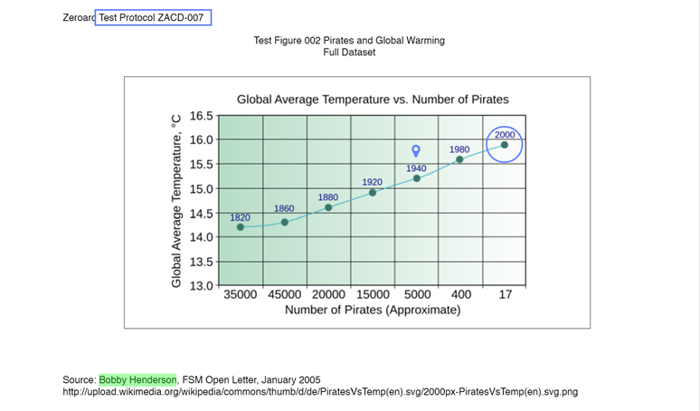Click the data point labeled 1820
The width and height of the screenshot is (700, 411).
click(x=241, y=227)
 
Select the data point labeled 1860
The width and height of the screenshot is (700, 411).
click(x=285, y=222)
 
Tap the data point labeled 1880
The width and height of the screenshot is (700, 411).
click(x=328, y=207)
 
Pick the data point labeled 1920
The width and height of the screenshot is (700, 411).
click(x=373, y=192)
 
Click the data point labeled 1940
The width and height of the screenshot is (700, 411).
click(x=417, y=178)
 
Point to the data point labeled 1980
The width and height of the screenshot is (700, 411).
click(x=459, y=159)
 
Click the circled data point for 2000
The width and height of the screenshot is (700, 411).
click(x=505, y=145)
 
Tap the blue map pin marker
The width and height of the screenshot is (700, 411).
click(x=416, y=151)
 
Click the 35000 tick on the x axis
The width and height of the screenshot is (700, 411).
click(x=241, y=294)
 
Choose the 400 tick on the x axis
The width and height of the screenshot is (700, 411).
click(x=461, y=294)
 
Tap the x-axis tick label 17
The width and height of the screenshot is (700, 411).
click(x=506, y=294)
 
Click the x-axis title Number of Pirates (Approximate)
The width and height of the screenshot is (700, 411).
click(x=373, y=311)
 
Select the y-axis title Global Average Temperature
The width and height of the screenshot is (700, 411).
click(x=177, y=201)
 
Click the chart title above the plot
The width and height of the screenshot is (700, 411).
click(x=373, y=100)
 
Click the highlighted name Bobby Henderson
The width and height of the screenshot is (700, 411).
click(x=137, y=379)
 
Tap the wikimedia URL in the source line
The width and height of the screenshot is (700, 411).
click(x=320, y=392)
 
